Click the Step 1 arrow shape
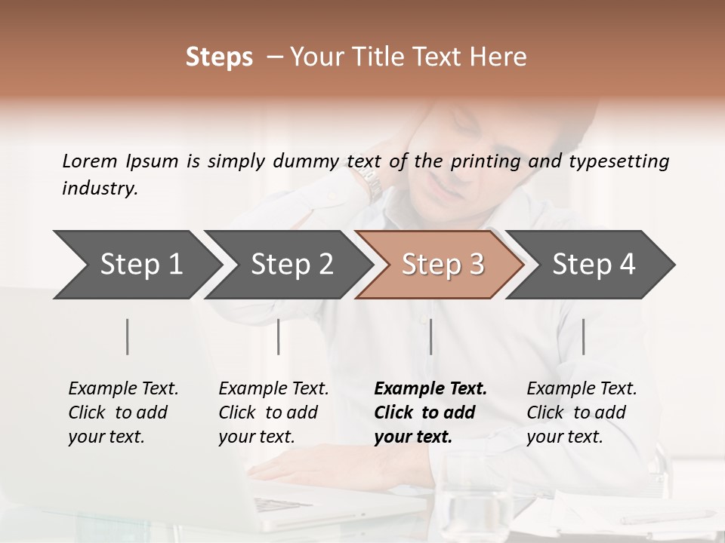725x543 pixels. pos(136,264)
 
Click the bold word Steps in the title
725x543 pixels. pos(219,57)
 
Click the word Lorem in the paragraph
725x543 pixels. pos(90,161)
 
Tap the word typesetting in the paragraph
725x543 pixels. pos(619,161)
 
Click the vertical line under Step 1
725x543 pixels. pos(128,336)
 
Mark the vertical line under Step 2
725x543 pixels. pos(279,336)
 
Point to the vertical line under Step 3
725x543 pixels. pos(431,336)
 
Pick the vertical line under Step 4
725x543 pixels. pos(583,336)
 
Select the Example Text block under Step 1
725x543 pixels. pos(122,413)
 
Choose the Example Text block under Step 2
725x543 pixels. pos(273,413)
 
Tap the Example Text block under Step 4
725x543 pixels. pos(581,413)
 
